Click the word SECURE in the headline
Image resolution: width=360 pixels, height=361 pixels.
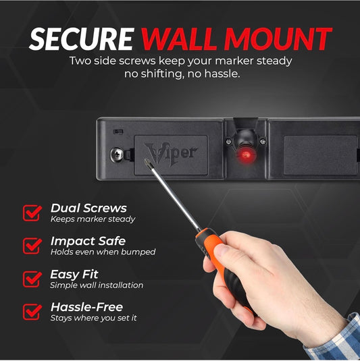82,39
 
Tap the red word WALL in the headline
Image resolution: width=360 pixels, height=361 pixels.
179,39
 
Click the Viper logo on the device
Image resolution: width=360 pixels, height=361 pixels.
171,154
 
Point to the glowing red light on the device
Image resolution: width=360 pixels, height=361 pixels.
246,155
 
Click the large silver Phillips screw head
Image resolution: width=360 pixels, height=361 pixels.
117,154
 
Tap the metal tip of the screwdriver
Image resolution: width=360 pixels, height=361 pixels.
146,161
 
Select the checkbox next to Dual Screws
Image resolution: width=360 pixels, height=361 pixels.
32,213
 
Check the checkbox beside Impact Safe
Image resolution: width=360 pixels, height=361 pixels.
32,246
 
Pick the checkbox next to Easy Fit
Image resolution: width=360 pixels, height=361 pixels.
32,279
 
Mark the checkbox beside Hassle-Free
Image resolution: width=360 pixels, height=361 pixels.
32,312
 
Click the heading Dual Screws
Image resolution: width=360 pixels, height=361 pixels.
88,208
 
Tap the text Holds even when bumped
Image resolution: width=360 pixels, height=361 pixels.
103,252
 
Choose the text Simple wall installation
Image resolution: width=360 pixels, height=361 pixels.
97,285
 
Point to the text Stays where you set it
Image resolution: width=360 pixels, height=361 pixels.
94,318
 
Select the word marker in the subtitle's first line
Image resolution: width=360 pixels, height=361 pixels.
234,61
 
